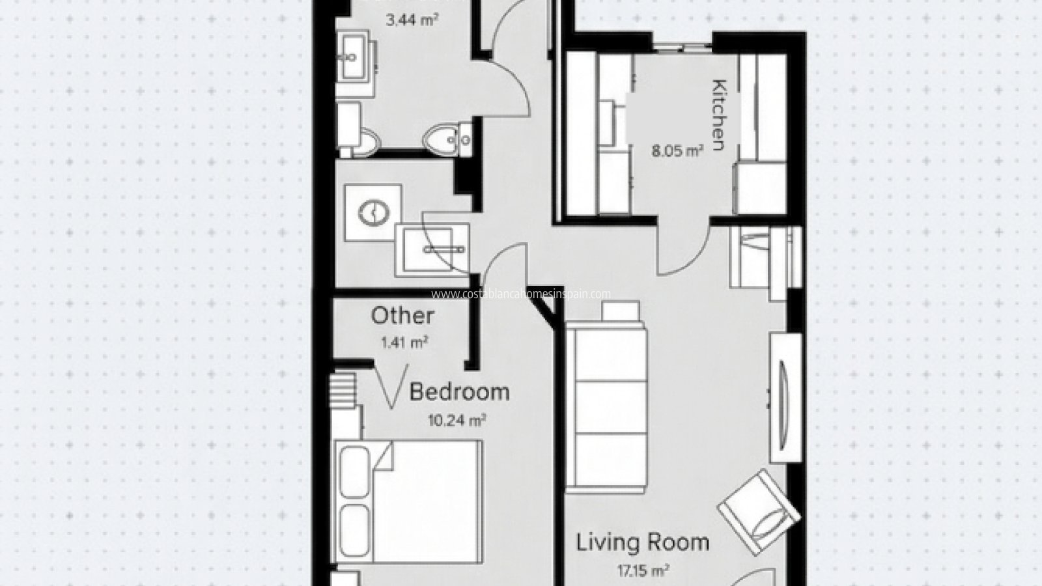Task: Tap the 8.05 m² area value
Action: coord(677,152)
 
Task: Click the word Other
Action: coord(402,316)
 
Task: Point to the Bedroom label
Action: coord(459,392)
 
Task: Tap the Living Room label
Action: coord(642,542)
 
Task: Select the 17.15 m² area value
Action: coord(643,571)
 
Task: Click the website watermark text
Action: coord(521,294)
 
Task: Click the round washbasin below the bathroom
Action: coord(373,212)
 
